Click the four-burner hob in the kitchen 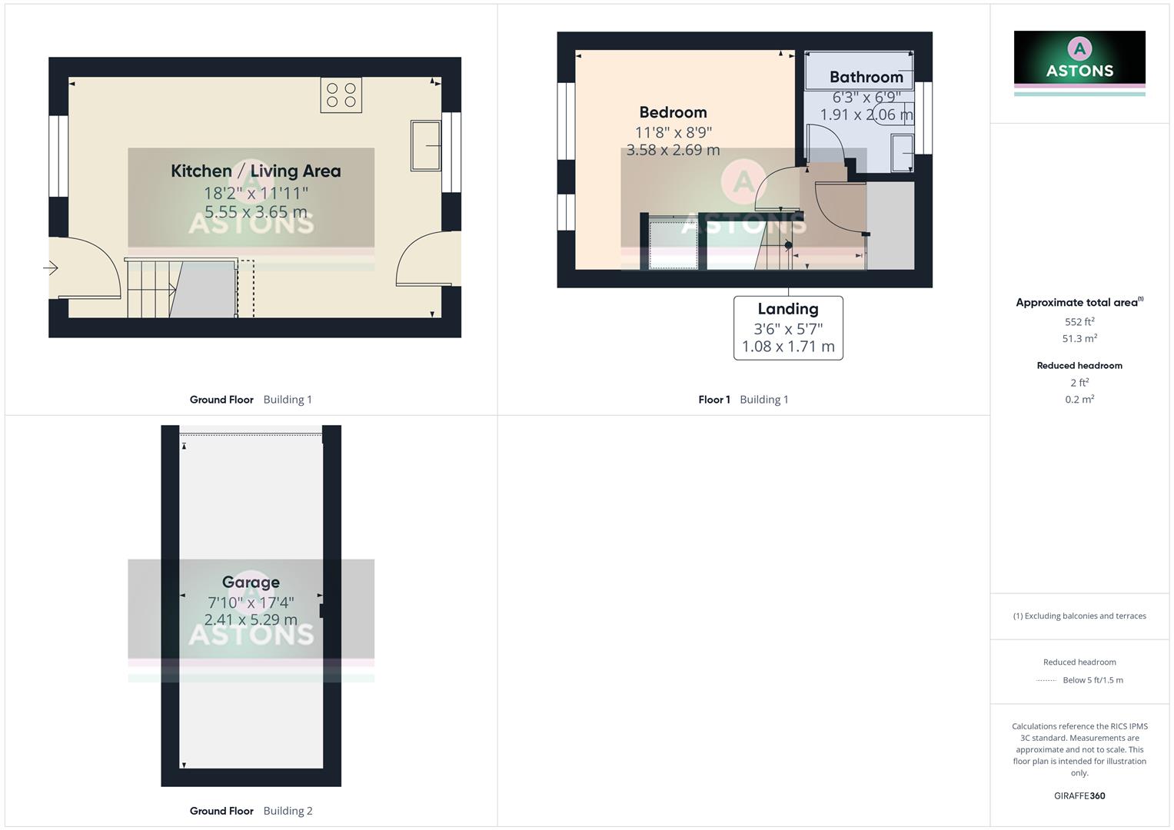[341, 95]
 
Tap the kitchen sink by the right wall [425, 144]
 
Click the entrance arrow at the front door [51, 268]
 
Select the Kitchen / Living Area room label [255, 171]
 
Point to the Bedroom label [673, 112]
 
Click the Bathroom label [866, 77]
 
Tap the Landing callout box [788, 328]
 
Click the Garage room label [251, 582]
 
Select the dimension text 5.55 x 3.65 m [255, 212]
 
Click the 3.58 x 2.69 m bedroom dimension [673, 150]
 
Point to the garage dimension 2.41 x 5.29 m [251, 619]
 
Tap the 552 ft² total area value [1079, 322]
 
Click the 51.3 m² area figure [1079, 339]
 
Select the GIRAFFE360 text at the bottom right [1079, 796]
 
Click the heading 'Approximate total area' [1079, 303]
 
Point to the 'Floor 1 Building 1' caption [743, 400]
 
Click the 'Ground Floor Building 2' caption [251, 811]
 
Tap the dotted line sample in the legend [1046, 680]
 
